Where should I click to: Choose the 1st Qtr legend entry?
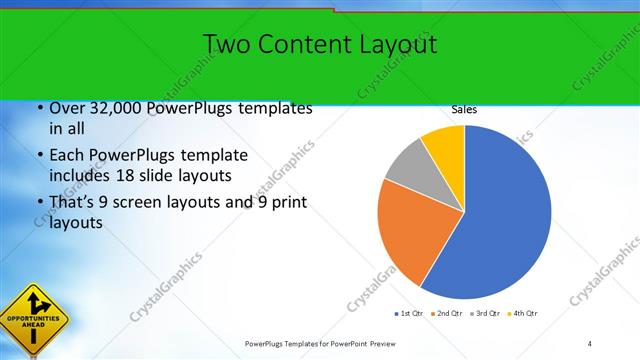409,314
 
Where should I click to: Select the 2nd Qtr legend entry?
445,314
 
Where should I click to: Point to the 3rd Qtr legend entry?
485,314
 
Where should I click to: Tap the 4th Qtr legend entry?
524,314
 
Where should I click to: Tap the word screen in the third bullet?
146,203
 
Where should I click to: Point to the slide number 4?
589,344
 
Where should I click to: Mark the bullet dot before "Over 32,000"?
39,108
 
